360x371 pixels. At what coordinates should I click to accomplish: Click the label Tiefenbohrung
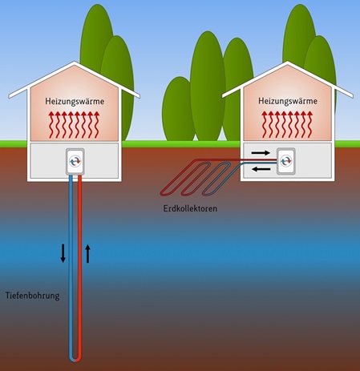click(32, 296)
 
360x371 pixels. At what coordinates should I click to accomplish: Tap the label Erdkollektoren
click(190, 208)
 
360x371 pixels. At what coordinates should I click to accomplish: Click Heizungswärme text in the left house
click(75, 102)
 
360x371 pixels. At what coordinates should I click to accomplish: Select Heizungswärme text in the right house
click(288, 101)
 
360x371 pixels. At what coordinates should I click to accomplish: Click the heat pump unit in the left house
click(75, 162)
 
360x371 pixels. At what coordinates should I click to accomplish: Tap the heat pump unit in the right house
click(286, 161)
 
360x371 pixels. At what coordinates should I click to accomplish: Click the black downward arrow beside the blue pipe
click(63, 253)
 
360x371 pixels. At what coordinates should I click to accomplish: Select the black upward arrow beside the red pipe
click(87, 254)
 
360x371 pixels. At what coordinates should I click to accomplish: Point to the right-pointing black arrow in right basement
click(261, 153)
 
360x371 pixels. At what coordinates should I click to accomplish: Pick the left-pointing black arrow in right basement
click(262, 169)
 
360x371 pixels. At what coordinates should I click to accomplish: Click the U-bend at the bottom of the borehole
click(75, 358)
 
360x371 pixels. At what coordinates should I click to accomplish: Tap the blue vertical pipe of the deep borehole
click(71, 267)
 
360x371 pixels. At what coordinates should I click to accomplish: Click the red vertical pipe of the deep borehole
click(79, 267)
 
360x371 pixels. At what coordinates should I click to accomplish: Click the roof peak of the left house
click(75, 63)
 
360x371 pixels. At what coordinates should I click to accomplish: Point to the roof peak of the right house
click(288, 62)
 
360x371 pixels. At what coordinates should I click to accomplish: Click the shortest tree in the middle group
click(177, 110)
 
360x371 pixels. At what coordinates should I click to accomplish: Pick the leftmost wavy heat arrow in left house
click(51, 125)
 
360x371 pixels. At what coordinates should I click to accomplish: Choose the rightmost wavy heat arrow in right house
click(310, 125)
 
